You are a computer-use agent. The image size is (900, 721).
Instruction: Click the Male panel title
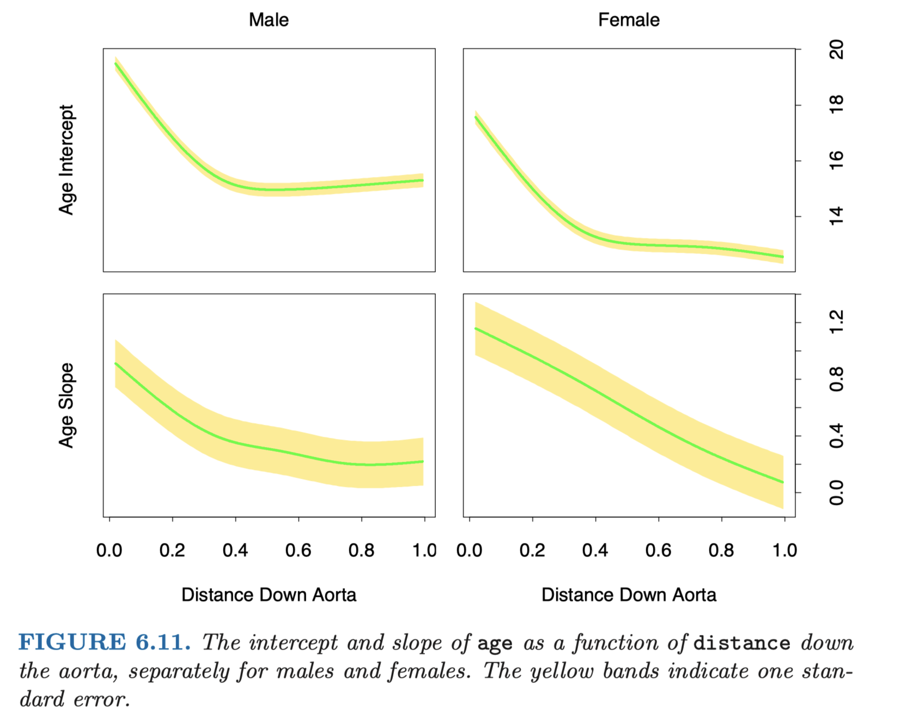click(269, 20)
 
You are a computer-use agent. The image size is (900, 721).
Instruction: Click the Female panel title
click(629, 20)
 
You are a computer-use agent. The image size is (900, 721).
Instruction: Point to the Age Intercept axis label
click(66, 160)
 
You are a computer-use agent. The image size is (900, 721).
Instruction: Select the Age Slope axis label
click(66, 406)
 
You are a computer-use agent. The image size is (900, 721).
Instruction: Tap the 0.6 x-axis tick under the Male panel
click(298, 551)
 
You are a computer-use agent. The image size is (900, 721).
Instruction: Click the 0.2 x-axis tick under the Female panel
click(532, 551)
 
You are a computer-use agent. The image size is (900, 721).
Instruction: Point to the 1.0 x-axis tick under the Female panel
click(785, 551)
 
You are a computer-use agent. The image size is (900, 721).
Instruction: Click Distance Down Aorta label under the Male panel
click(269, 595)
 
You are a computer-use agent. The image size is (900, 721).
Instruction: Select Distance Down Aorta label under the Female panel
click(629, 595)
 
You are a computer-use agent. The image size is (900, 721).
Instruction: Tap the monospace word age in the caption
click(495, 644)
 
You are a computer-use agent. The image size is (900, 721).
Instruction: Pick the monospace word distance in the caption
click(741, 643)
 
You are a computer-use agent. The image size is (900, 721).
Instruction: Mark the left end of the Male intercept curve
click(115, 63)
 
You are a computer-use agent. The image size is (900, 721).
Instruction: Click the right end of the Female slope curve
click(783, 482)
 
